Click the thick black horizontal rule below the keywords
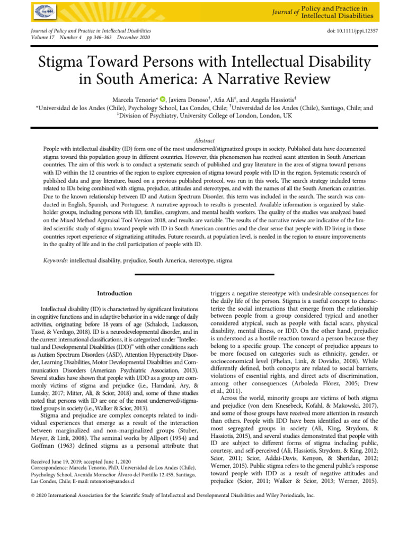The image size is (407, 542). [203, 274]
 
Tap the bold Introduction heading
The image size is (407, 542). [115, 293]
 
